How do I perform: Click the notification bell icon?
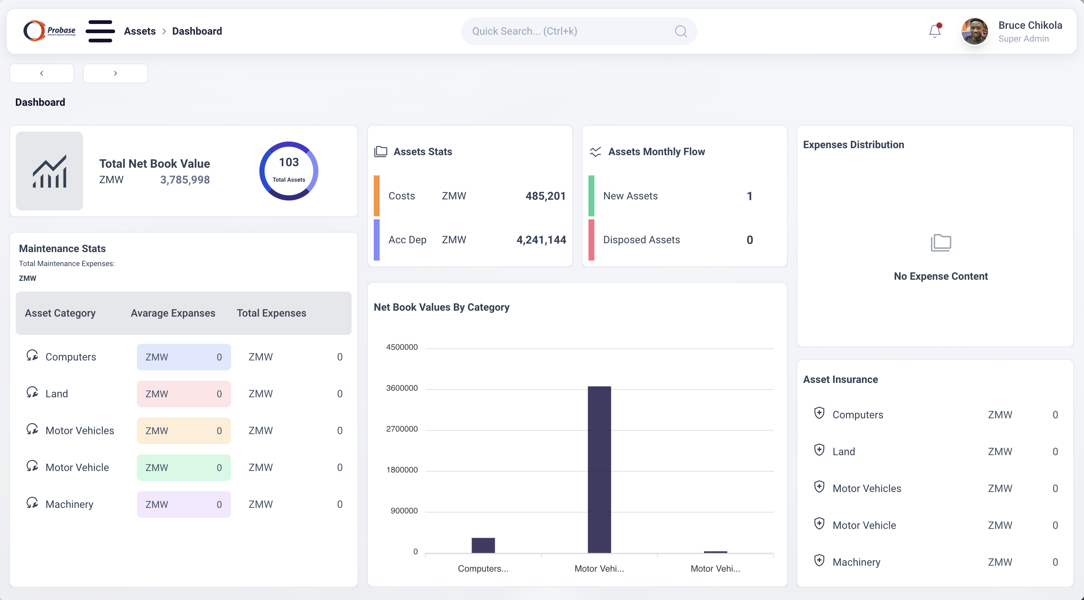point(935,31)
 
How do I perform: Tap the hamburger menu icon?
point(100,31)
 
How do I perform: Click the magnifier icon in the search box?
point(680,31)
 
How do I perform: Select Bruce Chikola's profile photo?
point(974,31)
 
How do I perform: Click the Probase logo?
point(49,31)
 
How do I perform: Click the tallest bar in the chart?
point(599,469)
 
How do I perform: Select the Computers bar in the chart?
point(483,545)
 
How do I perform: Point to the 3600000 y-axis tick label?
point(401,388)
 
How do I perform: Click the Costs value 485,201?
point(545,196)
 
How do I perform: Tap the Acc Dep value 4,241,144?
point(541,240)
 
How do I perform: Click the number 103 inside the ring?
point(289,162)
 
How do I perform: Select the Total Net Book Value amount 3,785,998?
point(185,180)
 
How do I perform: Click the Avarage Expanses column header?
point(173,313)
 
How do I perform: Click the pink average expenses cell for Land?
point(183,394)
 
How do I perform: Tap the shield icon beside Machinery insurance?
point(819,561)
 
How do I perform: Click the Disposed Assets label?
point(641,240)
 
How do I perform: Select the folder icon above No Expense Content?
point(940,243)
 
